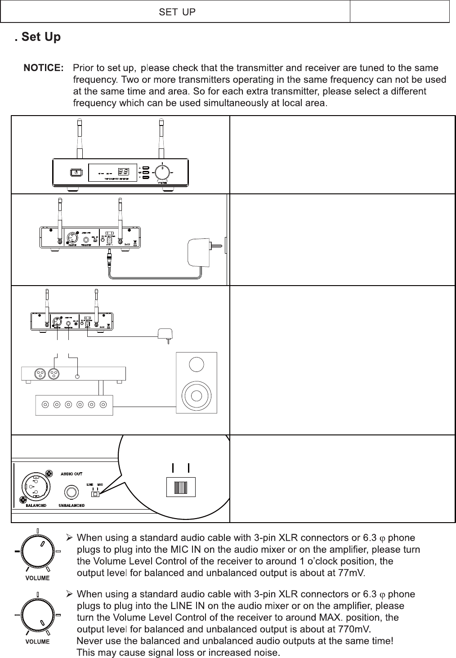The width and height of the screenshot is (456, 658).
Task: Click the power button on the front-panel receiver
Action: point(76,172)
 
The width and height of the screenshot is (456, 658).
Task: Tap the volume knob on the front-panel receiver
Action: point(162,172)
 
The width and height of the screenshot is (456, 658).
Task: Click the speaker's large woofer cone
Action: point(197,395)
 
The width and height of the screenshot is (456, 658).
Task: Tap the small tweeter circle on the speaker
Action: point(197,364)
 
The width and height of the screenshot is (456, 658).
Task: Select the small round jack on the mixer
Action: point(78,376)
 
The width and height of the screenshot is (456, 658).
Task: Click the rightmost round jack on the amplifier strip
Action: point(103,404)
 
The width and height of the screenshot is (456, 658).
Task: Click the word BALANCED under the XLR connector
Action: point(36,506)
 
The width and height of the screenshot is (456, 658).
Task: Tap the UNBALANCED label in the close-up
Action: point(72,506)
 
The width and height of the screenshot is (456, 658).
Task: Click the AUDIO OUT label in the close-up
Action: point(72,473)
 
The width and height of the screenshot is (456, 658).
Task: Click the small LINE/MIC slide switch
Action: point(95,494)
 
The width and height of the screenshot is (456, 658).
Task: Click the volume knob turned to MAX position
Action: point(37,615)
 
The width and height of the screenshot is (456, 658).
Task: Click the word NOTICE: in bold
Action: point(44,68)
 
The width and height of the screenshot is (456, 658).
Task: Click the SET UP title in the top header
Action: point(177,12)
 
